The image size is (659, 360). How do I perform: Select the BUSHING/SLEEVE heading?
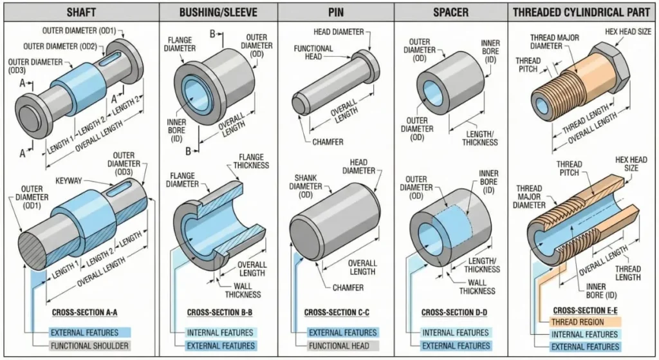pos(218,11)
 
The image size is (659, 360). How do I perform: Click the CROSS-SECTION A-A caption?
pos(84,314)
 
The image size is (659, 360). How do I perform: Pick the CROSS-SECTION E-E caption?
pos(578,309)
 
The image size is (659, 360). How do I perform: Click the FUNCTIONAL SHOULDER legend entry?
pos(89,346)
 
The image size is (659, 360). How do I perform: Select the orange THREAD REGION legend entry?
pos(577,321)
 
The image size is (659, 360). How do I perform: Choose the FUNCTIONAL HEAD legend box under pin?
pos(342,346)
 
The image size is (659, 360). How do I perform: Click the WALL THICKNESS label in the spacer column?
pos(477,287)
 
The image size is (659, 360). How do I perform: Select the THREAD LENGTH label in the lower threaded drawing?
pos(627,273)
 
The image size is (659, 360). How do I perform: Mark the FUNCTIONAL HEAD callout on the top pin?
pos(313,52)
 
